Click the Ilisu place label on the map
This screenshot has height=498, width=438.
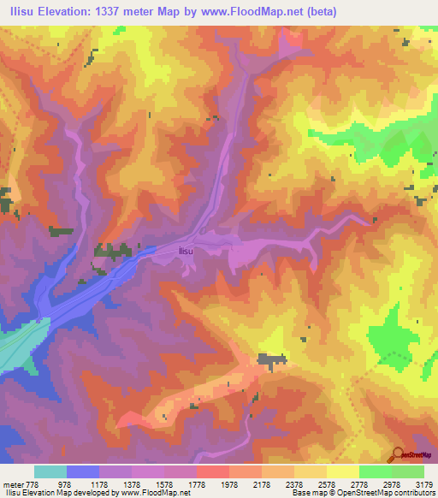[x=186, y=251]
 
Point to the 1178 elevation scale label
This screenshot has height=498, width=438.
[x=100, y=484]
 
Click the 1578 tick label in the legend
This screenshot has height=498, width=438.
[x=164, y=484]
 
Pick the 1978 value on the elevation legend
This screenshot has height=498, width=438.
[x=229, y=484]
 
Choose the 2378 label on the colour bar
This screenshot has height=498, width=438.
[x=294, y=484]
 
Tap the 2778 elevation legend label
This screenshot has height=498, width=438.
[x=359, y=484]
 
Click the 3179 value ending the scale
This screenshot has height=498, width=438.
[x=423, y=484]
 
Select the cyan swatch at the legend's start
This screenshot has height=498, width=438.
[x=50, y=471]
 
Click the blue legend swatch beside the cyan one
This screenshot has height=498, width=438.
[x=83, y=471]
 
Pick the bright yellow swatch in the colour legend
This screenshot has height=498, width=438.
[x=342, y=471]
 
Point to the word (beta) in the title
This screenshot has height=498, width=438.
[x=321, y=11]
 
